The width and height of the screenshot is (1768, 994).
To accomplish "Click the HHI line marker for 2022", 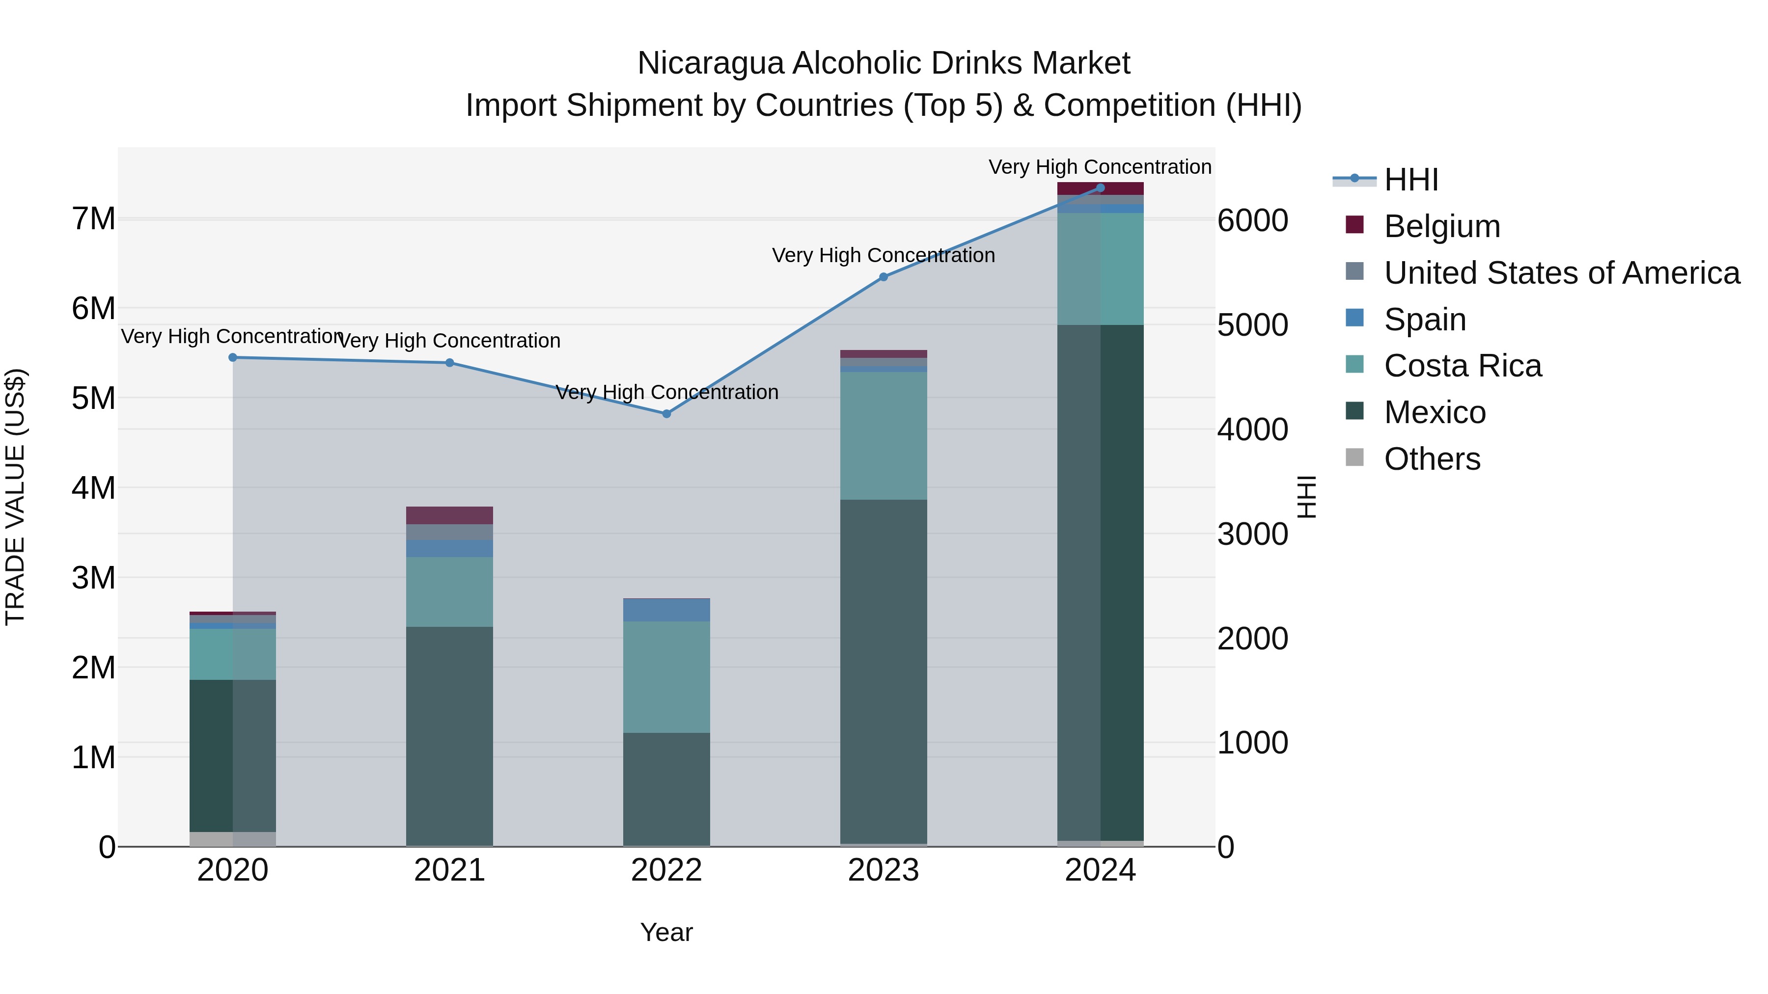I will tap(666, 414).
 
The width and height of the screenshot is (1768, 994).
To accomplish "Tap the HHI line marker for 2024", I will tap(1100, 188).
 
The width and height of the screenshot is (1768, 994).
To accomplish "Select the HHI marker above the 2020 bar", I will tap(233, 357).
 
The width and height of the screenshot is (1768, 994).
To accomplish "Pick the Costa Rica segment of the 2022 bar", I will tap(666, 676).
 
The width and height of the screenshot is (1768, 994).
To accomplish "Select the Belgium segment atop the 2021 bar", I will tap(449, 515).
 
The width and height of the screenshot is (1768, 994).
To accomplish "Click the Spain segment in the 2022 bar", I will tap(666, 610).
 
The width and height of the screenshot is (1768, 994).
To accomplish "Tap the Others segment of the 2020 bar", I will tap(233, 838).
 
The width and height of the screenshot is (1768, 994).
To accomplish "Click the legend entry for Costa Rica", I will tap(1462, 366).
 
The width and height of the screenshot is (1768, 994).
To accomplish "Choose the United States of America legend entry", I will tap(1561, 273).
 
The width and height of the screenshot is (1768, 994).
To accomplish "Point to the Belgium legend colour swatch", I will tap(1354, 225).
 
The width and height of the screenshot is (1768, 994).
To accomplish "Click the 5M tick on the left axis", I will tap(94, 399).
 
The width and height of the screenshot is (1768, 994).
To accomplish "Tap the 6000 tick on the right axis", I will tap(1252, 221).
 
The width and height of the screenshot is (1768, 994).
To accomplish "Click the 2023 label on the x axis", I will tap(884, 870).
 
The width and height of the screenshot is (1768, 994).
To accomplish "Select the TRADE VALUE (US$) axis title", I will tap(15, 497).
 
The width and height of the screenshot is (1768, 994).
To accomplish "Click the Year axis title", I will tap(666, 932).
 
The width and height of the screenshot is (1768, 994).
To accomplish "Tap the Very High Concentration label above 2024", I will tap(1100, 167).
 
